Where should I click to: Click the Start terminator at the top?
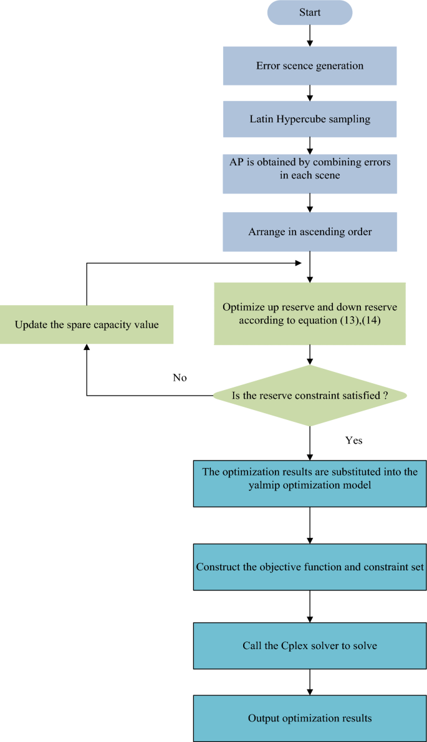point(310,12)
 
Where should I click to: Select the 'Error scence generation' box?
point(310,66)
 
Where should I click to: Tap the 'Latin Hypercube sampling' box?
point(310,119)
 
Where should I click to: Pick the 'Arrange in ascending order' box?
point(310,232)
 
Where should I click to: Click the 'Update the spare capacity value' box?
point(86,325)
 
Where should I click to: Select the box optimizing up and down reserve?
point(310,314)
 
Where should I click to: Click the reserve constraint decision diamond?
point(310,396)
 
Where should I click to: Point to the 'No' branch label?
point(180,378)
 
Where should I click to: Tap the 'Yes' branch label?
point(353,441)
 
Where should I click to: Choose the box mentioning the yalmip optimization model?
point(310,479)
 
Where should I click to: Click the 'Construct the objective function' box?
point(310,567)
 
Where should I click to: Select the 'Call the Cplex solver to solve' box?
point(310,645)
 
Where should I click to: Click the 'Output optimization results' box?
point(310,718)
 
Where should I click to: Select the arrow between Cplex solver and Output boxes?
point(310,682)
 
